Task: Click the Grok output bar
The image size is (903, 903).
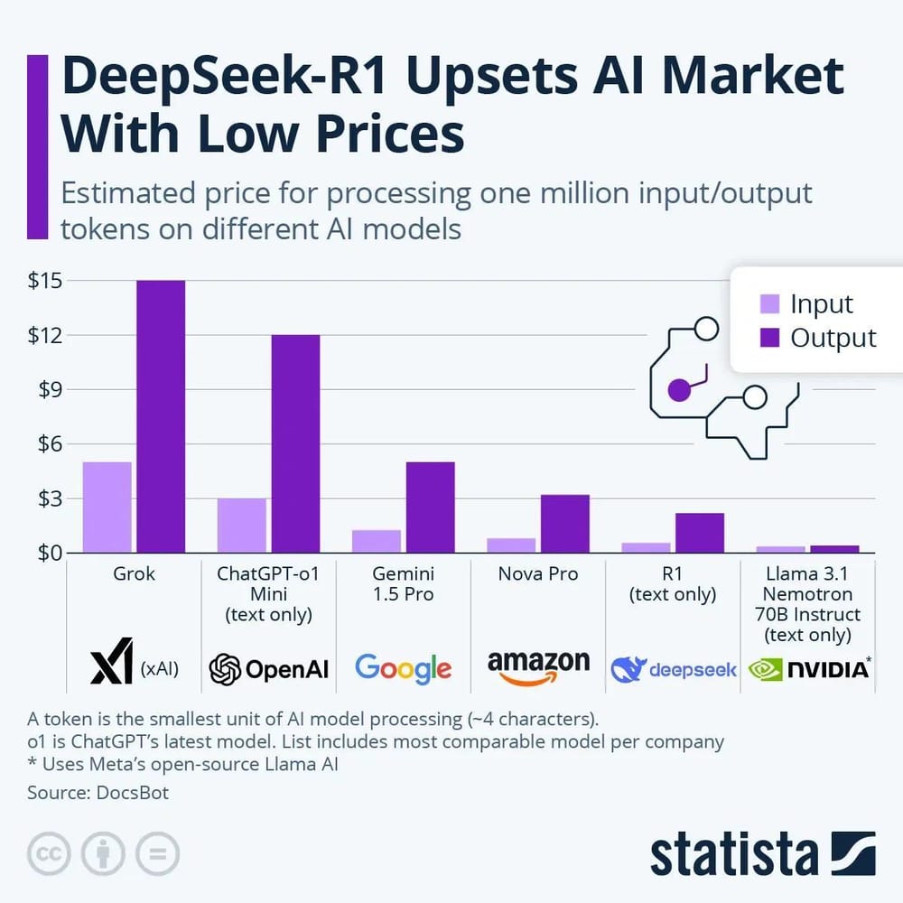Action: [160, 416]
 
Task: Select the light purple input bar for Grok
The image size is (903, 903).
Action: [107, 507]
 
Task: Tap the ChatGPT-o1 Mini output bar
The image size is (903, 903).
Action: [295, 443]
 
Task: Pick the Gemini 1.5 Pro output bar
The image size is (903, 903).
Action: [430, 507]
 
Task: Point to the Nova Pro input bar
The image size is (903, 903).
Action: [511, 545]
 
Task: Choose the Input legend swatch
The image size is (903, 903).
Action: [769, 304]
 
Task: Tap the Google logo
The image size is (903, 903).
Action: [403, 668]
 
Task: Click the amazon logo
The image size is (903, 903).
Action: [538, 669]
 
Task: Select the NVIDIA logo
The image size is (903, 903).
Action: [807, 669]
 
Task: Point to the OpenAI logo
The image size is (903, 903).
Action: [268, 669]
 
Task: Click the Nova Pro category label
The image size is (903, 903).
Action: [538, 574]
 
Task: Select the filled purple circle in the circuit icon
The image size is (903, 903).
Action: [679, 390]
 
